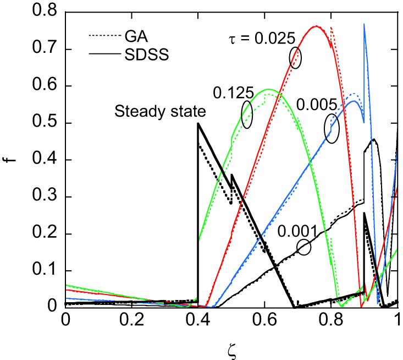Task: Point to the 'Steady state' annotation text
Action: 160,112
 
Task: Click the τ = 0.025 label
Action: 263,39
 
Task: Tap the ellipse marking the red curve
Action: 296,57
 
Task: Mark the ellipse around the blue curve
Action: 332,128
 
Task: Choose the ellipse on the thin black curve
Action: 304,247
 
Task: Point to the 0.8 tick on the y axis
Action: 47,12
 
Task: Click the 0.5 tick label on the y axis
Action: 47,123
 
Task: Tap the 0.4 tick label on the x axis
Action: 197,320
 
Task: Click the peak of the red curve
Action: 316,26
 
